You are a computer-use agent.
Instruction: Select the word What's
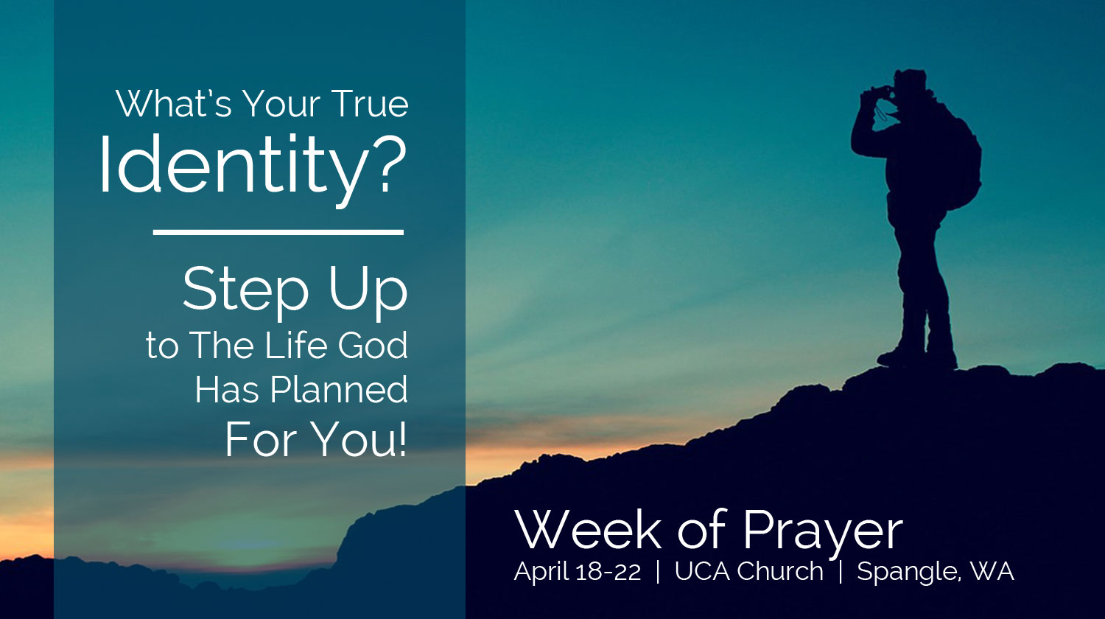coord(174,104)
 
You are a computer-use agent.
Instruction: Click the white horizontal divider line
coord(278,232)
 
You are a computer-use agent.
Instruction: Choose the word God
coord(373,346)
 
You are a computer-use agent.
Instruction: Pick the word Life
coord(296,345)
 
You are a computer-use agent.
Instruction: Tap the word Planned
coord(339,390)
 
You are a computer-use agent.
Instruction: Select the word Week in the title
coord(588,530)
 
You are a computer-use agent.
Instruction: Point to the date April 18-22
coord(577,572)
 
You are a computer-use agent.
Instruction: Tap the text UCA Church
coord(749,571)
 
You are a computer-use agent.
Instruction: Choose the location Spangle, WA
coord(936,572)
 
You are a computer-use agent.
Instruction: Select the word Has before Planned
coord(227,390)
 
